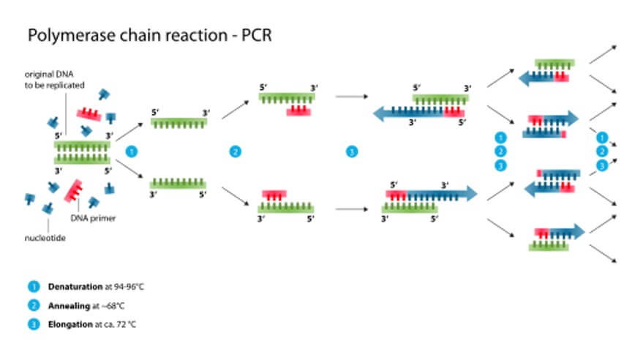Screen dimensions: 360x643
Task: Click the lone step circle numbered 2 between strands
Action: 235,152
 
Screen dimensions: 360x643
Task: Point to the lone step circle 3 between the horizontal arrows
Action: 352,152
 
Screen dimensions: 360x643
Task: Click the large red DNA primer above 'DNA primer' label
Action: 78,192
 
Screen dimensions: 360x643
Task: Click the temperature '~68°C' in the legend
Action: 111,304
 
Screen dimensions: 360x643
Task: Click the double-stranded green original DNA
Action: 82,151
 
